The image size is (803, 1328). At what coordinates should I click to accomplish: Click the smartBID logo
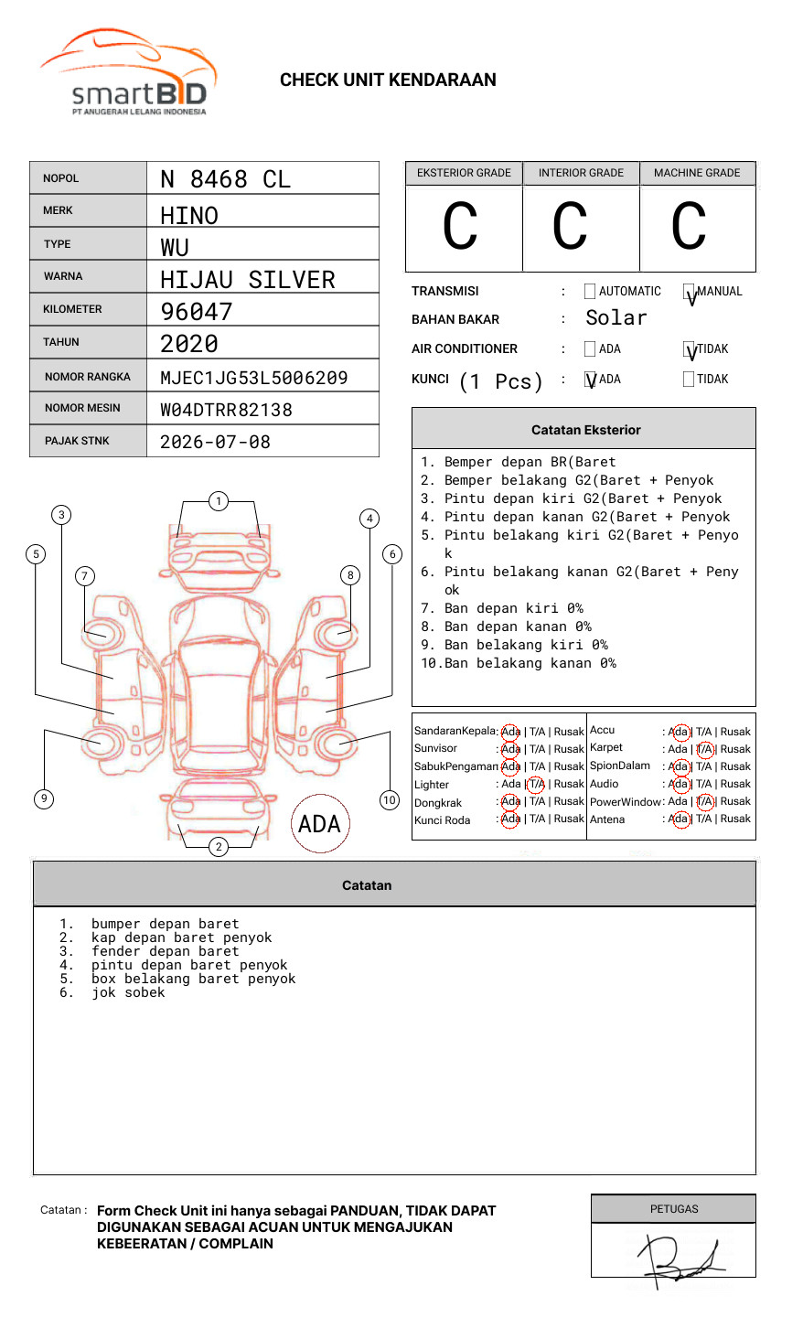tap(128, 73)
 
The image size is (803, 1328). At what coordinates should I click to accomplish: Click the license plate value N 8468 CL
tap(225, 179)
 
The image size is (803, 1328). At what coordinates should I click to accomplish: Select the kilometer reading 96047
tap(197, 312)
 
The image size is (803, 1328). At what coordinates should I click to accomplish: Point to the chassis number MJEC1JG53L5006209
tap(253, 378)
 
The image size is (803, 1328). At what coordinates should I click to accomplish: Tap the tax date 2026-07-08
tap(215, 442)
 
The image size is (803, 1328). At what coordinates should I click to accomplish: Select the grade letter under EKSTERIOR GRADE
tap(460, 227)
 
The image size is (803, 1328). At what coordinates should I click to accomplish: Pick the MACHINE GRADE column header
tap(697, 173)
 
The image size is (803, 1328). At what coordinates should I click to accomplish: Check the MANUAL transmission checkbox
tap(689, 292)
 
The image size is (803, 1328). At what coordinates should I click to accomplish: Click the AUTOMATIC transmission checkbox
tap(590, 292)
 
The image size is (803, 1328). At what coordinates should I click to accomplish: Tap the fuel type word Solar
tap(616, 318)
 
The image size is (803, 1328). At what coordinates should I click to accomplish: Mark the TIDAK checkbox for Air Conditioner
tap(689, 349)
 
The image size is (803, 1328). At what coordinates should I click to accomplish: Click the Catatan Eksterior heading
tap(585, 430)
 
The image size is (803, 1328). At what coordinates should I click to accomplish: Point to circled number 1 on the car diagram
tap(218, 501)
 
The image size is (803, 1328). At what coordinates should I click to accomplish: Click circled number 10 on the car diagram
tap(390, 800)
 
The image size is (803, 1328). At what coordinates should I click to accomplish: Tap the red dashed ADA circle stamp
tap(319, 824)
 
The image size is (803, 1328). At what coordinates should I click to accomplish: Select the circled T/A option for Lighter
tap(536, 784)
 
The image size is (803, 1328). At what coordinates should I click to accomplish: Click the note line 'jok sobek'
tap(128, 992)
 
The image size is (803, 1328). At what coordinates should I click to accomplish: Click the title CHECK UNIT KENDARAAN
tap(388, 80)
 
